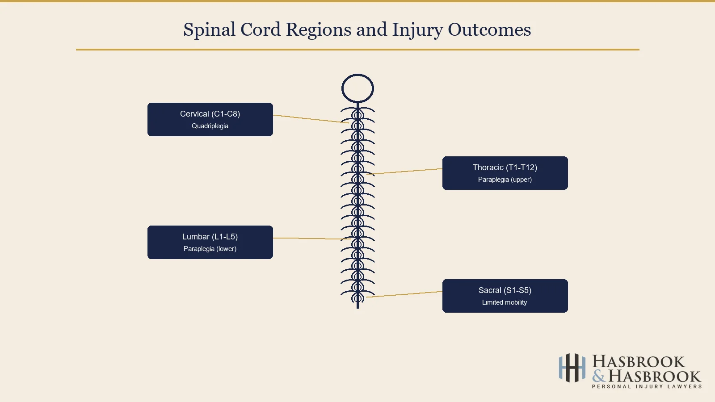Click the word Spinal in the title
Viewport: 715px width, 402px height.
point(209,30)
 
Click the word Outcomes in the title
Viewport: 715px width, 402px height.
point(489,30)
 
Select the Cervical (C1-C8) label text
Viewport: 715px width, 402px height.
point(210,114)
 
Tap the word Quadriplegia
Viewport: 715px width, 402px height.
point(210,126)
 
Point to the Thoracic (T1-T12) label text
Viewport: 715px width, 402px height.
point(505,167)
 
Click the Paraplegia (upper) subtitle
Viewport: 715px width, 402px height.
point(505,180)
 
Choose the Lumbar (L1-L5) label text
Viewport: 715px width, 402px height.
point(210,237)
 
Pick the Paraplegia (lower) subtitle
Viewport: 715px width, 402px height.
point(210,249)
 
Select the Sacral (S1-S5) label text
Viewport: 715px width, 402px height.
point(505,290)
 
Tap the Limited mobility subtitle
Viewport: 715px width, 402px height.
point(505,302)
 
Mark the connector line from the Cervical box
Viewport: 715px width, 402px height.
point(311,119)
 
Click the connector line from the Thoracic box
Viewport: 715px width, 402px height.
point(404,171)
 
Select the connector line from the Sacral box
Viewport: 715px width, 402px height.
point(404,294)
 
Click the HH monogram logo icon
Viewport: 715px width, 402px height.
point(572,368)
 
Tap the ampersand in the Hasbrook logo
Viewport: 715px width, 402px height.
point(599,376)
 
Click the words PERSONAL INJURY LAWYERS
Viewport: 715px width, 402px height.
point(647,387)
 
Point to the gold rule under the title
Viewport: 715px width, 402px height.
point(357,50)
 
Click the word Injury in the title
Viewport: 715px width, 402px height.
point(417,30)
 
